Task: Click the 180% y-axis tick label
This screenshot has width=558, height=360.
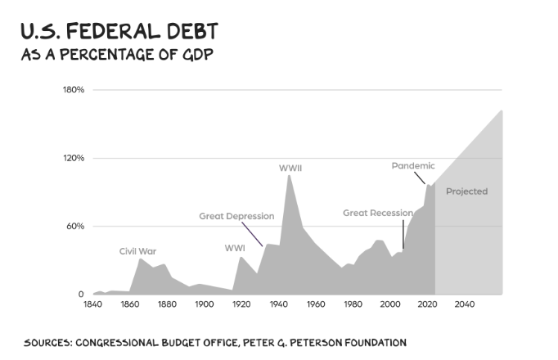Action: coord(74,89)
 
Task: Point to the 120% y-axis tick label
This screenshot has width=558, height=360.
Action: coord(74,158)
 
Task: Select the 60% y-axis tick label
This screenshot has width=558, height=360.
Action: coord(75,226)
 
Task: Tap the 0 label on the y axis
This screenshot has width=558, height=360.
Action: coord(81,295)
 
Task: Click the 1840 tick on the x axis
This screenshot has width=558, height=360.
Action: coord(92,305)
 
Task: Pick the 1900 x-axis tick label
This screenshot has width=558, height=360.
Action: coord(204,305)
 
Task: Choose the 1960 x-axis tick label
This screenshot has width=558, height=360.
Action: coord(316,305)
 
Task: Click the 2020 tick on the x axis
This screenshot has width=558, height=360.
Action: coord(427,305)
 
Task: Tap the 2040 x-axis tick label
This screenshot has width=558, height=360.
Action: coord(464,305)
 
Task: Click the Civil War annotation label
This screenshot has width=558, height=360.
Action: coord(137,251)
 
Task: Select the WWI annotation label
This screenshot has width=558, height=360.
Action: coord(235,248)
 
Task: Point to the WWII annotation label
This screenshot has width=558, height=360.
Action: coord(290,168)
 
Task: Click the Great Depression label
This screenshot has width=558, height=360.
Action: coord(236,216)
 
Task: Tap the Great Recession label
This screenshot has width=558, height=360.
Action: coord(377,213)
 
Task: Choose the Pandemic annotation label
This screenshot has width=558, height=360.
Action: coord(413,165)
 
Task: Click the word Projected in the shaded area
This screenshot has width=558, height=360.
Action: coord(466,191)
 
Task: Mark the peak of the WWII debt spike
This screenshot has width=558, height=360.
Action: coord(289,176)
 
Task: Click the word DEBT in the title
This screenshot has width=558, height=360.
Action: coord(189,33)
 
